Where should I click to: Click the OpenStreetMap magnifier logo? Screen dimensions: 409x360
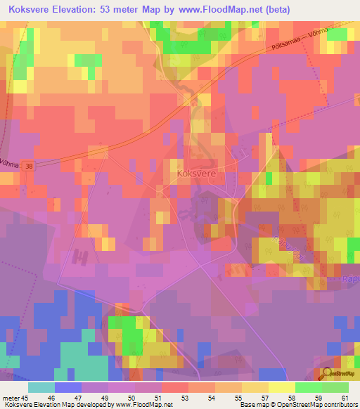(328, 374)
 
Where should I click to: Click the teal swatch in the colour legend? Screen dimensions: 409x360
(41, 387)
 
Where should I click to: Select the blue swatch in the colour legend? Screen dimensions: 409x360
(68, 387)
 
